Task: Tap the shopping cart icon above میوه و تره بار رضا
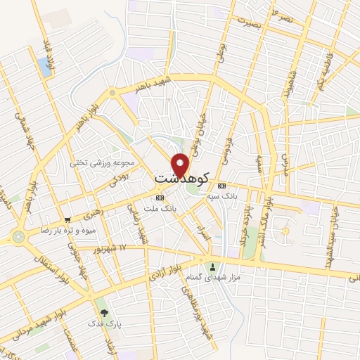click(x=67, y=219)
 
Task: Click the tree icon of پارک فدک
click(x=104, y=311)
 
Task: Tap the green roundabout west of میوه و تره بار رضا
click(x=18, y=237)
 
